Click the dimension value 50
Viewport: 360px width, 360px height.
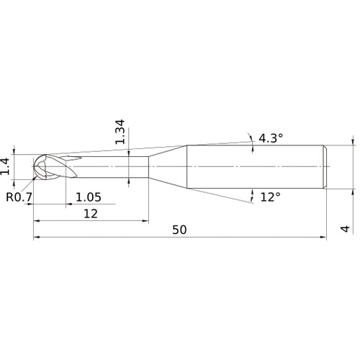180,230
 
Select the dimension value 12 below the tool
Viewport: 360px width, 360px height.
90,213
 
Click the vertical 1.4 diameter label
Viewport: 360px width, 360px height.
6,166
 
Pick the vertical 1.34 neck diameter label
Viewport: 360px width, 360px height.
121,132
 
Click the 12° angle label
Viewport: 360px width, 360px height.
270,197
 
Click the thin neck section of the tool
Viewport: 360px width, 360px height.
115,167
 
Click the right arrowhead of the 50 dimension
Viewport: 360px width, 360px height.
325,237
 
